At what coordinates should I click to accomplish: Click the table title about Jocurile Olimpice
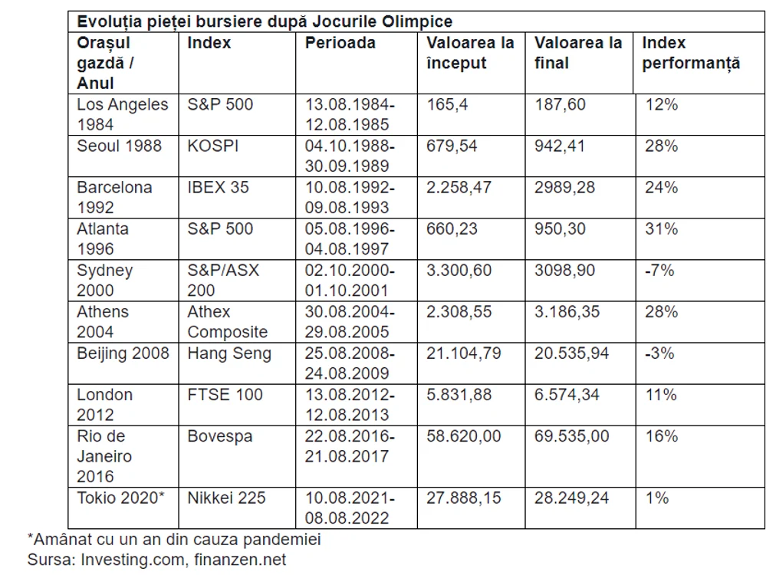265,21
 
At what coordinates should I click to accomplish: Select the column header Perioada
340,43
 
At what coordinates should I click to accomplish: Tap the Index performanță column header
691,54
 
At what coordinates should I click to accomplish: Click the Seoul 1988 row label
120,146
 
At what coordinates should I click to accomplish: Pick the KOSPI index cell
213,146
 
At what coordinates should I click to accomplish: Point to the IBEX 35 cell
218,188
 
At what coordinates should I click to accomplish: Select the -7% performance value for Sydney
659,271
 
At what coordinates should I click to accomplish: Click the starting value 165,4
447,105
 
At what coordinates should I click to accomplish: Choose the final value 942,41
559,146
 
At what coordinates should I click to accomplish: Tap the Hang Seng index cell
229,353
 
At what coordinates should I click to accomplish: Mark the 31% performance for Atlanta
661,229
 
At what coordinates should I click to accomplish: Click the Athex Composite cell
227,322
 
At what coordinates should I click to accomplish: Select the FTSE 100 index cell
225,395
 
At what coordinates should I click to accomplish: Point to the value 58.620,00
464,436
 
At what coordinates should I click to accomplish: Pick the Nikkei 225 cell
226,498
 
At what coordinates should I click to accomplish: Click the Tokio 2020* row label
120,498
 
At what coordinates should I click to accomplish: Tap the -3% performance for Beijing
659,353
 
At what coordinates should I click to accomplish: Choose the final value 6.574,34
567,395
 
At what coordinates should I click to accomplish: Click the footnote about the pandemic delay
174,540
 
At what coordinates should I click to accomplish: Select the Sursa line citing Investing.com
156,560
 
